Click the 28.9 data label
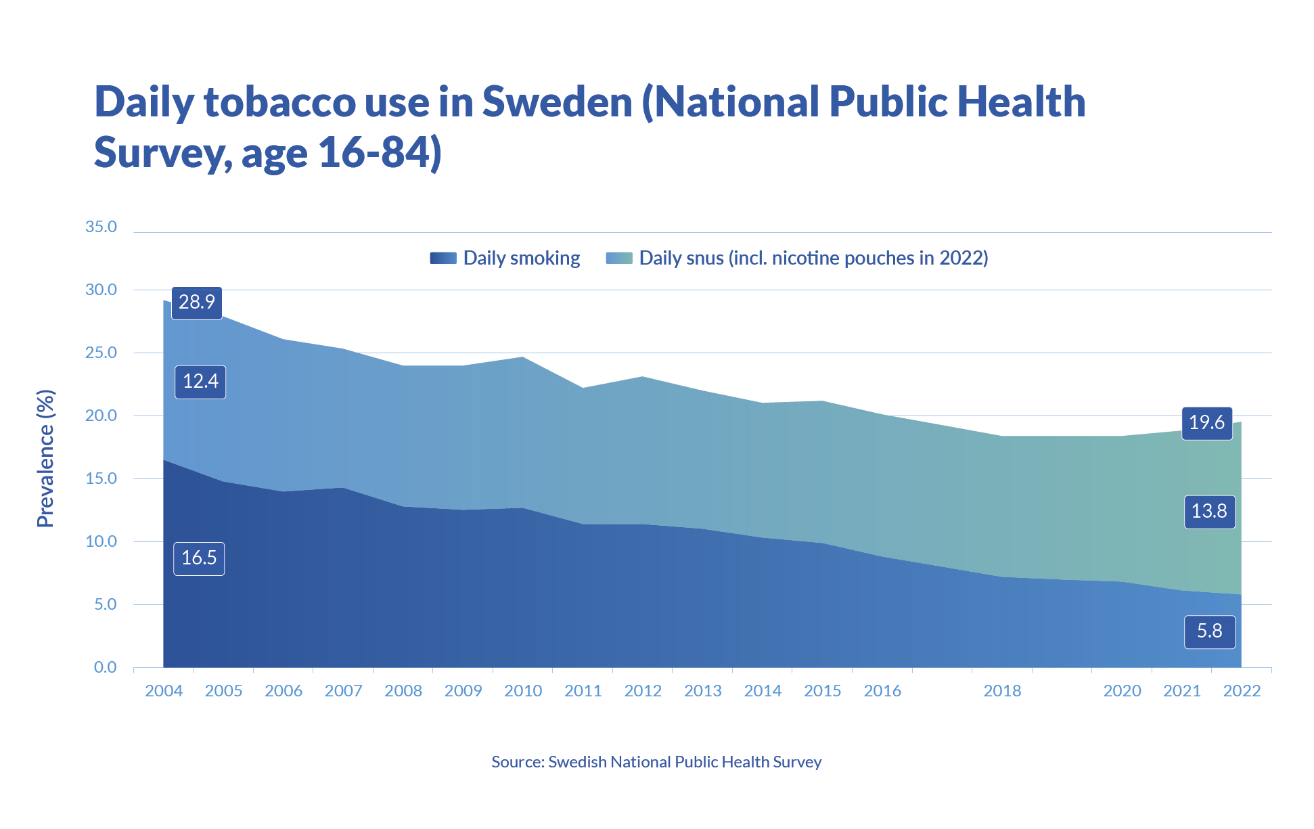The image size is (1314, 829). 197,303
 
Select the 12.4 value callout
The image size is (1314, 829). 200,382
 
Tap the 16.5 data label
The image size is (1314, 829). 199,558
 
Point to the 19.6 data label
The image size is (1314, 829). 1206,423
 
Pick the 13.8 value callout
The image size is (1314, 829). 1209,512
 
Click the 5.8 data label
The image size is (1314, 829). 1209,631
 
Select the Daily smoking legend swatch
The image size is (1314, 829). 443,258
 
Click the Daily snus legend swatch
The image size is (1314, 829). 618,258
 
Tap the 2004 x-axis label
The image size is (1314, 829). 164,691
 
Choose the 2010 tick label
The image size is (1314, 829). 523,691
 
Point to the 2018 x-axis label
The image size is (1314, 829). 1002,691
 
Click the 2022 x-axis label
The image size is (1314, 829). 1242,691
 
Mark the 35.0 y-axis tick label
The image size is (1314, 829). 101,227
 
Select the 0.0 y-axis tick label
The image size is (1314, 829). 105,667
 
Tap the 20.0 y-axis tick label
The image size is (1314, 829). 101,416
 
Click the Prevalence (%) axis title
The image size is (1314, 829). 45,458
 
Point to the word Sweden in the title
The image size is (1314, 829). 557,102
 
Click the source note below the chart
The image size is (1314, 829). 656,762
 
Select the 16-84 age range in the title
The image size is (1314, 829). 373,152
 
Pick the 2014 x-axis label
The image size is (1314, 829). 763,691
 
